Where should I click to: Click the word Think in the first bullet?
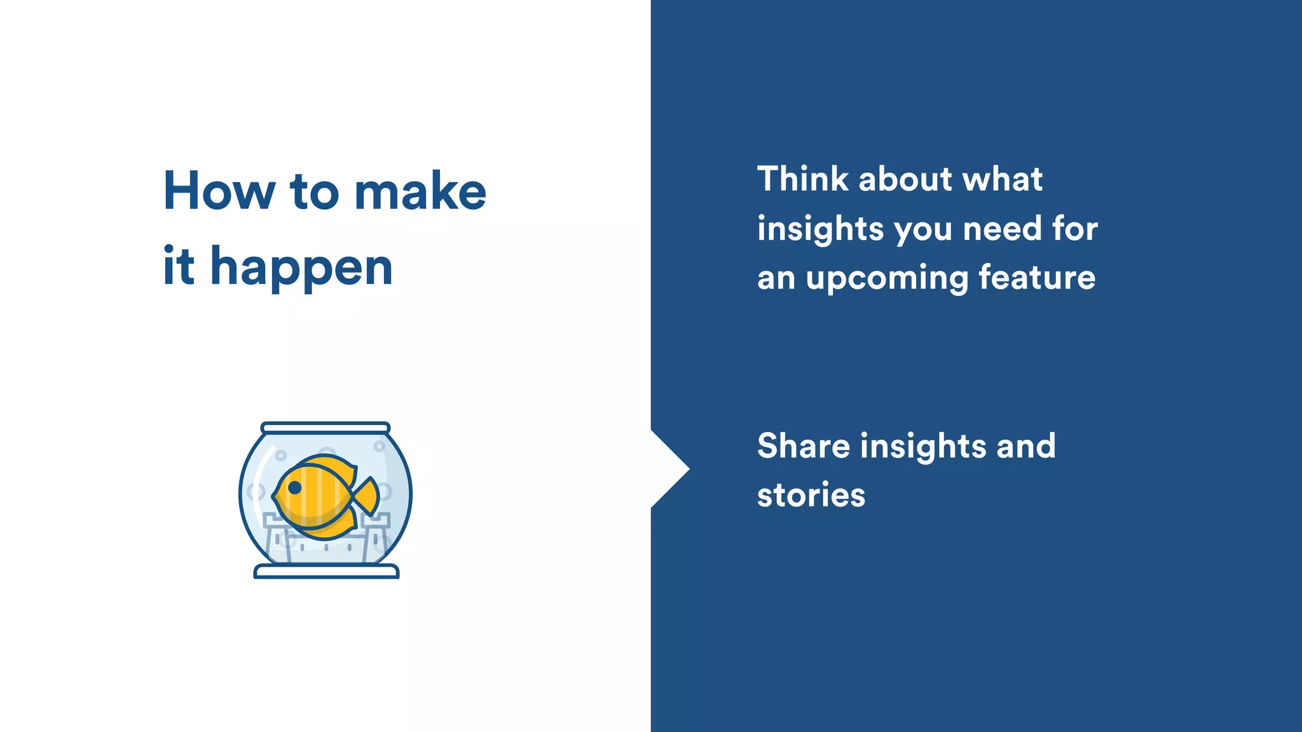pos(803,179)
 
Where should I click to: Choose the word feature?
pos(1037,278)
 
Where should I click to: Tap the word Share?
pos(804,445)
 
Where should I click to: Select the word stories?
pos(811,495)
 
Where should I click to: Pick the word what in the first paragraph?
pos(1003,179)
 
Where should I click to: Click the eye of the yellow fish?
pos(295,487)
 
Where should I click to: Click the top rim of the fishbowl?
pos(325,428)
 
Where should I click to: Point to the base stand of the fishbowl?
pos(326,572)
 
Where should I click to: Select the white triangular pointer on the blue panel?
pos(668,469)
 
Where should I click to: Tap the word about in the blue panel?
pos(905,179)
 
